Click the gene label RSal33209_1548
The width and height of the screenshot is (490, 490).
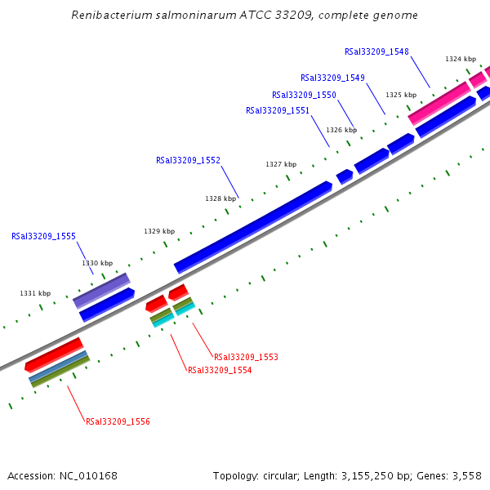pyautogui.click(x=376, y=51)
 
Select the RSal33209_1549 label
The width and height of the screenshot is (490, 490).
pyautogui.click(x=332, y=78)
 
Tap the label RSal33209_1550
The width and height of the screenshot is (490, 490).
pyautogui.click(x=304, y=95)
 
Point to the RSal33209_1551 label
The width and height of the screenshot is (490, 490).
pyautogui.click(x=278, y=110)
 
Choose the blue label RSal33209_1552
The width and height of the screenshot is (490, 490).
pyautogui.click(x=188, y=160)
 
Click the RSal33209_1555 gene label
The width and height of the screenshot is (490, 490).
pyautogui.click(x=43, y=236)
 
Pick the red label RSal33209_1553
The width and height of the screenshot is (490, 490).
pyautogui.click(x=246, y=357)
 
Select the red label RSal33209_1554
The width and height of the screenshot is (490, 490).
pyautogui.click(x=220, y=370)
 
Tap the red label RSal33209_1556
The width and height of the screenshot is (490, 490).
pyautogui.click(x=118, y=421)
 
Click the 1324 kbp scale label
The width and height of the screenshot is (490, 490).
pyautogui.click(x=461, y=59)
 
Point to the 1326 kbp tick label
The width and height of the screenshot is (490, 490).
pyautogui.click(x=341, y=130)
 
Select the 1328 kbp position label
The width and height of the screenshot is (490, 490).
pyautogui.click(x=220, y=198)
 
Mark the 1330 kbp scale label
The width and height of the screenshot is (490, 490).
pyautogui.click(x=97, y=263)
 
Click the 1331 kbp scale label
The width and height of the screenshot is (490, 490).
pyautogui.click(x=35, y=293)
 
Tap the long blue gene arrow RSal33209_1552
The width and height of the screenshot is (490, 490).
pyautogui.click(x=253, y=226)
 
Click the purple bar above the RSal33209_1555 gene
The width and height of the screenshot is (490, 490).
pyautogui.click(x=101, y=290)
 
